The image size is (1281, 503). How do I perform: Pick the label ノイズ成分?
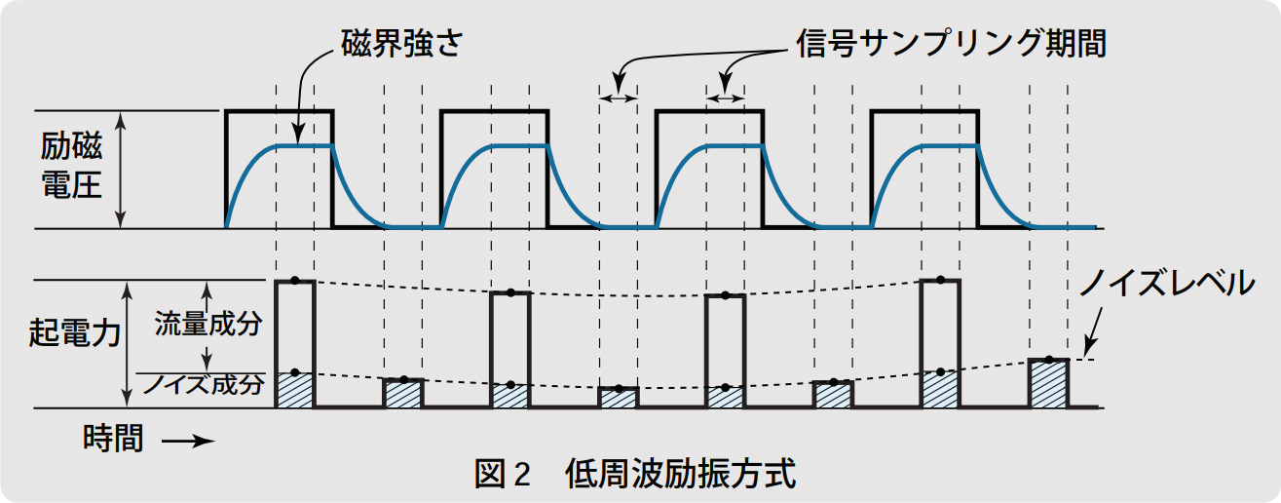(204, 384)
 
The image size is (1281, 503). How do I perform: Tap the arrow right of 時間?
(188, 441)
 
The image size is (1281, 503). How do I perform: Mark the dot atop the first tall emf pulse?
(294, 281)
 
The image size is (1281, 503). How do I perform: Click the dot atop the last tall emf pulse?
(940, 281)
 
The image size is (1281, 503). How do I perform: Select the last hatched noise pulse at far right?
(1048, 384)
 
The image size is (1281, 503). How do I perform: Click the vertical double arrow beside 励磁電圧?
(121, 170)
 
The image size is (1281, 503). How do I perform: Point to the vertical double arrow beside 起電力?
(128, 344)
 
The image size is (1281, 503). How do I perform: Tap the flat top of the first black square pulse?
(280, 112)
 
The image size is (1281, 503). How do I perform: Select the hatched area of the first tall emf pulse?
(295, 390)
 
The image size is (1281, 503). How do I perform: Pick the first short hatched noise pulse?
(403, 394)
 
